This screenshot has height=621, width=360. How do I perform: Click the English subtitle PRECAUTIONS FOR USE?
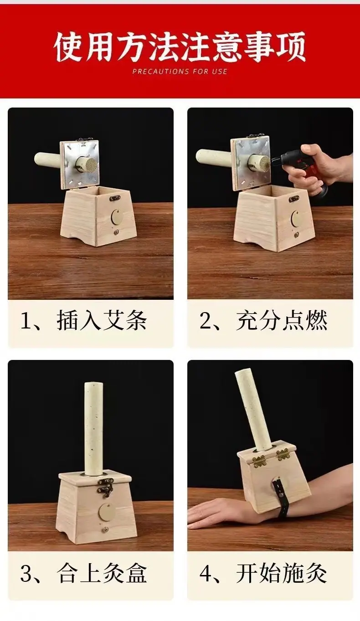(180, 71)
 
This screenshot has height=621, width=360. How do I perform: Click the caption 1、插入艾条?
(83, 320)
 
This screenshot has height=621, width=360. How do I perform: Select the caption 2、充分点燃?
(263, 320)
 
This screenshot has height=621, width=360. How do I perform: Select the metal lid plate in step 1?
(80, 165)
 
